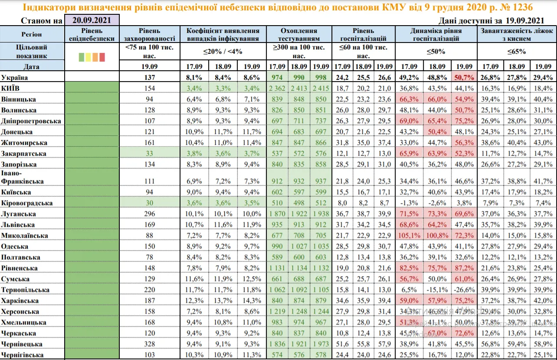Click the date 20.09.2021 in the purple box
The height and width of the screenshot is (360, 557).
coord(92,20)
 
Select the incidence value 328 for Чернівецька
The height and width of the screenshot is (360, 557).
coord(150,344)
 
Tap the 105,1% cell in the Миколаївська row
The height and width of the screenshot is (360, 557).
coord(408,236)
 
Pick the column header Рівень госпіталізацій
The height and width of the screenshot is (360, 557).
coord(363,35)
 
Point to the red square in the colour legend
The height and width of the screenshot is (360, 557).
coord(102,57)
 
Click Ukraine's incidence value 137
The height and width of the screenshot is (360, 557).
coord(150,77)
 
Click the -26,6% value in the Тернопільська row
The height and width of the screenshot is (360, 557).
coord(464,290)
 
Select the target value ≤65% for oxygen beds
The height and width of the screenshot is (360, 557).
coord(517,51)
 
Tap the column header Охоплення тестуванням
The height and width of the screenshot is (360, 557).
coord(299,35)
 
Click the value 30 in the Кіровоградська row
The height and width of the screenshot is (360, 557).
coord(150,203)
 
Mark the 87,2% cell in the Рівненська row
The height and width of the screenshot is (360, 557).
coord(464,268)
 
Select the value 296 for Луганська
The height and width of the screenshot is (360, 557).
coord(150,214)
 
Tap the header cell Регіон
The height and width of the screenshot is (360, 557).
coord(32,34)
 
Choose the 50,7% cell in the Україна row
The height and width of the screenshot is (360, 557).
coord(464,77)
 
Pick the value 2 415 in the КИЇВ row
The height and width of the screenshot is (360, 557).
coord(321,88)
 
